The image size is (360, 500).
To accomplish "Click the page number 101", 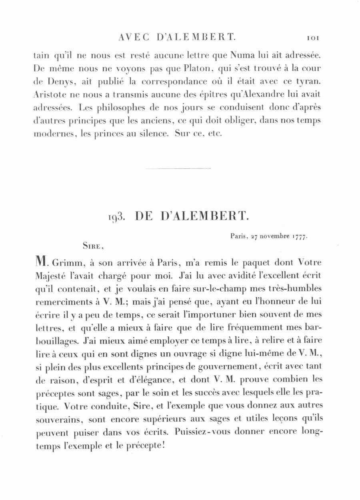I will pyautogui.click(x=312, y=38).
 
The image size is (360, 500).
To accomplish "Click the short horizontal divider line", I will pyautogui.click(x=178, y=168).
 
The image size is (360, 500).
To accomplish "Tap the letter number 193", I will pyautogui.click(x=117, y=217).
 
